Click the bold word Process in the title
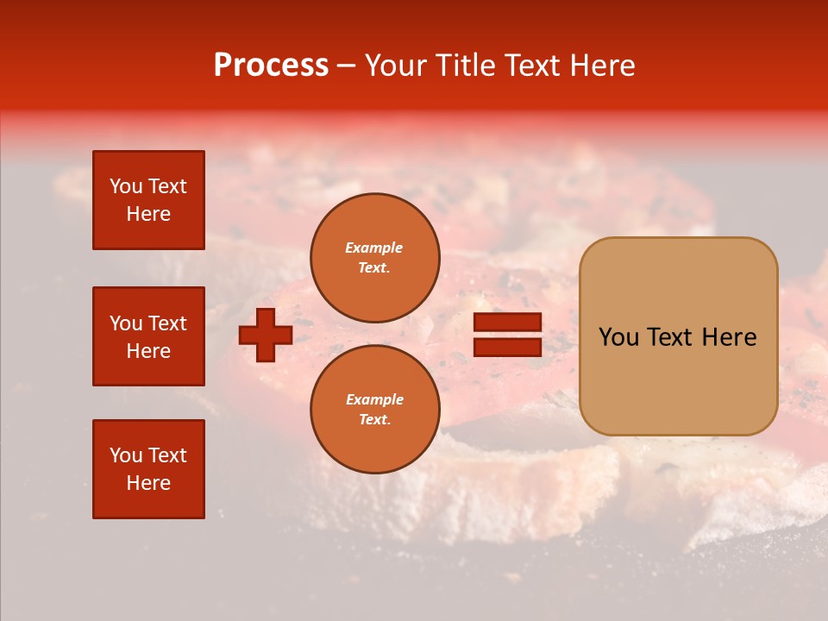271,66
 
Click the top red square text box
148,200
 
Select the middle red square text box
148,336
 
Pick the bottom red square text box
148,469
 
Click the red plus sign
266,336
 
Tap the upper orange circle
375,258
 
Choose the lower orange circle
375,410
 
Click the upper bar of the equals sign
508,323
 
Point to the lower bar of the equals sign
508,348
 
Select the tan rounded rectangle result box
678,336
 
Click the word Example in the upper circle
374,248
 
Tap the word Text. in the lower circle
375,420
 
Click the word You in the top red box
126,186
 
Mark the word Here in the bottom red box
148,483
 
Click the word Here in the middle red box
148,351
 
